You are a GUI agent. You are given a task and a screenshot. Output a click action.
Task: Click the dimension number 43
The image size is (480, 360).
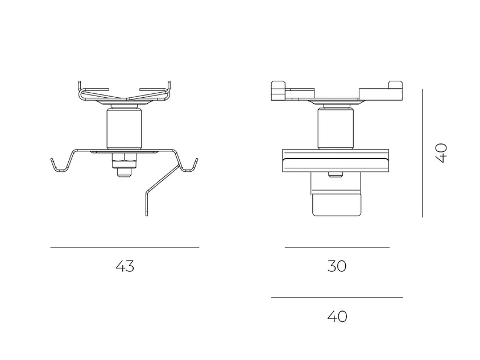pos(125,266)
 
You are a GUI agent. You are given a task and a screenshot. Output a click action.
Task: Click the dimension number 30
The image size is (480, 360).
pos(337,266)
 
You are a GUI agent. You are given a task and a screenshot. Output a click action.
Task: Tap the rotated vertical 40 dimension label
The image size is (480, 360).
pos(441,153)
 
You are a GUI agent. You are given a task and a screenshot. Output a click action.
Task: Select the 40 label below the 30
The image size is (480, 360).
pos(337,317)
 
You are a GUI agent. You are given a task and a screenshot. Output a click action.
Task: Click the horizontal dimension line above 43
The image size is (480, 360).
pos(125,247)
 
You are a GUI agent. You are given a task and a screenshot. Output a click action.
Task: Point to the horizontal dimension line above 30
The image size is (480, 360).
pos(337,247)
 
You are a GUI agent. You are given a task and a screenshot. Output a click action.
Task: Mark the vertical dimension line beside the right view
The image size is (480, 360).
pos(423,153)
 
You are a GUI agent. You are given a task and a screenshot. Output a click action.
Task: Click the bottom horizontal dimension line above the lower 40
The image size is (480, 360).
pos(337,297)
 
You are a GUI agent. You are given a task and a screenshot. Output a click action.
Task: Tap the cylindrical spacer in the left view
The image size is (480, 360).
pos(124,129)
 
